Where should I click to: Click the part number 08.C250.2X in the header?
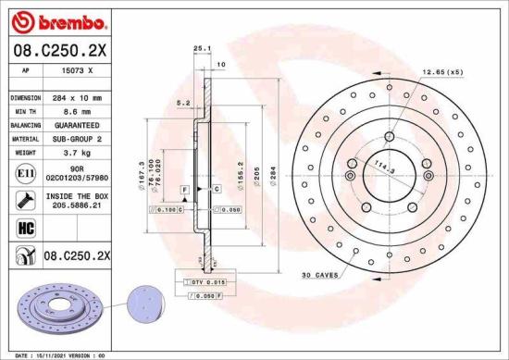click(58, 51)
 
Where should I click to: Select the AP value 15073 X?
click(77, 71)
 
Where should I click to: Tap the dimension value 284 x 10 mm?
click(77, 97)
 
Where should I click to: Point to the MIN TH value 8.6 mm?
click(77, 111)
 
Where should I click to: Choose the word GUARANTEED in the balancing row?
click(77, 124)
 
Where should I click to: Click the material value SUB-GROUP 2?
click(77, 138)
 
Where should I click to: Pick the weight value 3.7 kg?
click(77, 151)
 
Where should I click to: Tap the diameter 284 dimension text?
click(272, 174)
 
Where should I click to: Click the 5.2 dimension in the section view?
click(181, 104)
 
